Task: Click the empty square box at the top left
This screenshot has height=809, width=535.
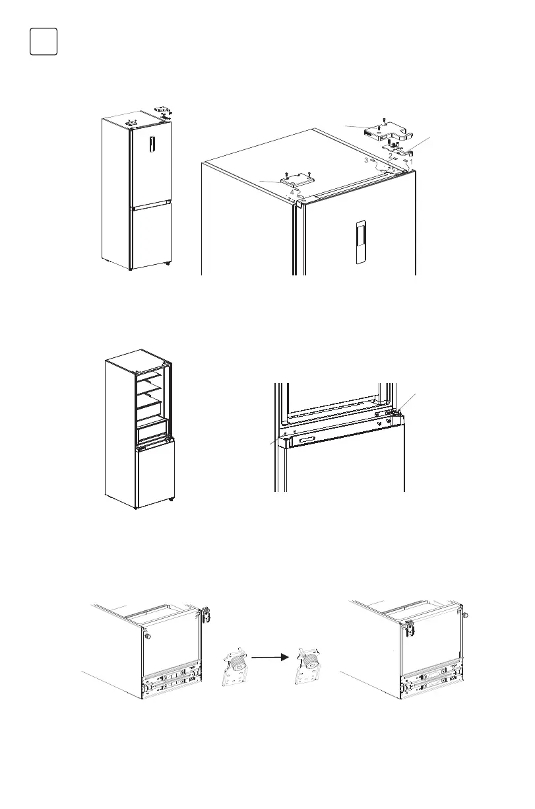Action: point(44,42)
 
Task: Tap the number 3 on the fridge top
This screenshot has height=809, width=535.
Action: point(366,160)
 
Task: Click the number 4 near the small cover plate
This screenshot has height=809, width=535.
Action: point(292,192)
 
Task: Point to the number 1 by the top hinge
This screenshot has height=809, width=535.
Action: point(412,160)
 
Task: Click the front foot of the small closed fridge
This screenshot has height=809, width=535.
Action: point(167,264)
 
